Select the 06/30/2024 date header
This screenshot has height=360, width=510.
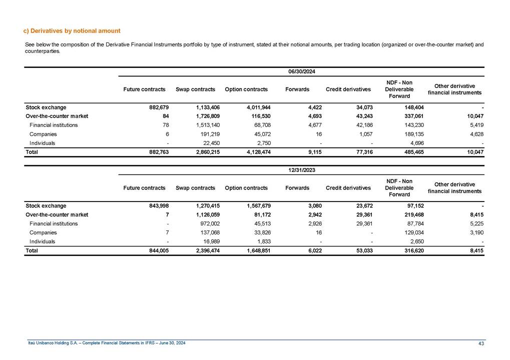tap(301, 72)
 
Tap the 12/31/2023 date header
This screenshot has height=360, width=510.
tap(301, 170)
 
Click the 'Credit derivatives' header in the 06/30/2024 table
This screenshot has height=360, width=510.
tap(348, 89)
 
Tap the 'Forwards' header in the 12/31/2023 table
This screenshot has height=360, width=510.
tap(297, 188)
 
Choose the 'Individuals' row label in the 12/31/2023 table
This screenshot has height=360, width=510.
tap(42, 241)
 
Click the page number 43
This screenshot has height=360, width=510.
tap(481, 342)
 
